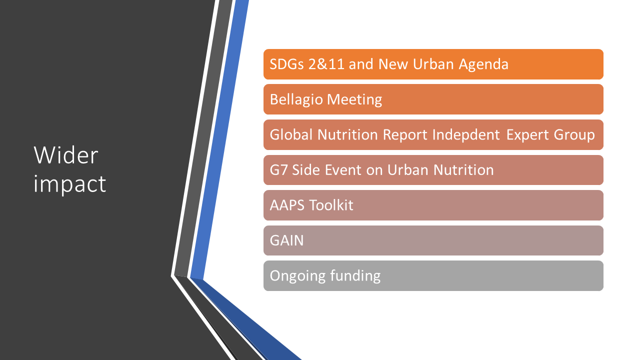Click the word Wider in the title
[x=65, y=155]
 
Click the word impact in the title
[x=69, y=184]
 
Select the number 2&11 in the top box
[x=326, y=64]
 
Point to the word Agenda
[x=483, y=64]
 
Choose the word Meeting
[x=354, y=100]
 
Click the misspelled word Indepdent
[x=465, y=135]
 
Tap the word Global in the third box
[x=291, y=134]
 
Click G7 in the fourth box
[x=278, y=170]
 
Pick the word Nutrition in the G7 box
[x=463, y=170]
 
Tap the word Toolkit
[x=331, y=205]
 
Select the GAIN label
[x=286, y=240]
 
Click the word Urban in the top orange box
[x=433, y=64]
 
